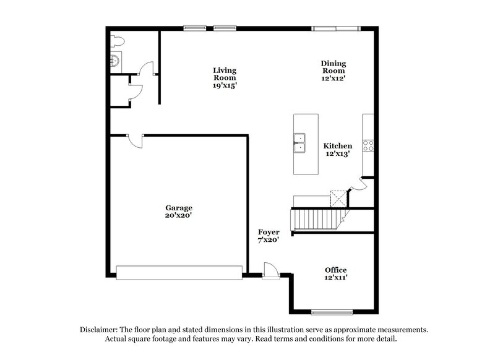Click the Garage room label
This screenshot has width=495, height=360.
tap(178, 208)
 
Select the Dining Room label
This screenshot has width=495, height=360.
tap(333, 67)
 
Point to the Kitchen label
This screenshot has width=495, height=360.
tap(338, 146)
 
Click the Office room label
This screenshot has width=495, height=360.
tap(336, 270)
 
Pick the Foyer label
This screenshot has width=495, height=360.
tap(269, 232)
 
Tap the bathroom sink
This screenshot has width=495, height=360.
tap(116, 61)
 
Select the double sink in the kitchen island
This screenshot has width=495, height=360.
tap(299, 142)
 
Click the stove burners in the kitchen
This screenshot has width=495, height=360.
tap(368, 145)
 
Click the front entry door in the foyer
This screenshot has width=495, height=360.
tap(271, 271)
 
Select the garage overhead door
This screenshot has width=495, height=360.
tap(179, 272)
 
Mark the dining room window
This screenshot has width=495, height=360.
tap(335, 27)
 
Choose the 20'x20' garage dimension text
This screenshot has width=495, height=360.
tap(178, 215)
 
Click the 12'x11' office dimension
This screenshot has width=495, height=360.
tap(336, 278)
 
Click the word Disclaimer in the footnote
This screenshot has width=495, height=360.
tap(99, 330)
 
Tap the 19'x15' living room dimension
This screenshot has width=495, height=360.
tap(225, 85)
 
